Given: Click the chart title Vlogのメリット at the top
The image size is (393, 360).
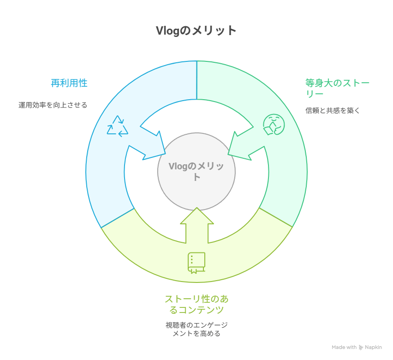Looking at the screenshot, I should [x=196, y=30].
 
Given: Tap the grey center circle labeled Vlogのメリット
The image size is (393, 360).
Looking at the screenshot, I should [x=196, y=171].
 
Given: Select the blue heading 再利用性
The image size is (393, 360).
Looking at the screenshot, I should [x=69, y=83].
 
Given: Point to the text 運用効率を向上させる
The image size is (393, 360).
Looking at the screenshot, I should [x=53, y=105].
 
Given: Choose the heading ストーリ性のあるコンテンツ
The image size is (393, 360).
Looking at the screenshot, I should [x=196, y=304].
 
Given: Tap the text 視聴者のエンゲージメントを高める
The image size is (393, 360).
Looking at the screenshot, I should [x=196, y=329].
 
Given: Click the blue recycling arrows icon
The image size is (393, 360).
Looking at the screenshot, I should [x=117, y=126].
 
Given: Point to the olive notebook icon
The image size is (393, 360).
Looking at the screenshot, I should [x=196, y=263].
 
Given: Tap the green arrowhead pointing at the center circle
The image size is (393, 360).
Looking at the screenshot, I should [x=242, y=148].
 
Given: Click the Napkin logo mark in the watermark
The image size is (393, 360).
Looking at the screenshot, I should [x=361, y=348].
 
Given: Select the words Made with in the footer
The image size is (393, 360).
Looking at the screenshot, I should [x=344, y=348].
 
